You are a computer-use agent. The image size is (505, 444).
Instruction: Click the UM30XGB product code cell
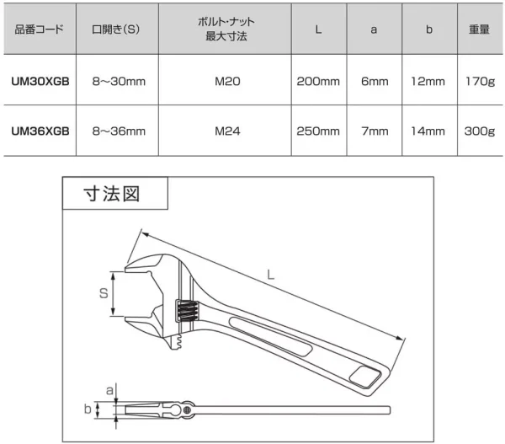(x=40, y=81)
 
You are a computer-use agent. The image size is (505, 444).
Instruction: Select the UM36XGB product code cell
(x=40, y=131)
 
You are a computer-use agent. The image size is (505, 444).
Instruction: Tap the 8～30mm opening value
(x=119, y=81)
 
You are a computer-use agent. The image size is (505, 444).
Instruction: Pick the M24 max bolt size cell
(x=227, y=131)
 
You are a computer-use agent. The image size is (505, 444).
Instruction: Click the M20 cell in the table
(x=227, y=81)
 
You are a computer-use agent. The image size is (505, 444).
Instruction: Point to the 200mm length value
(x=318, y=81)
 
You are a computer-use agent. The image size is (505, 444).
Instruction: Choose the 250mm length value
(x=318, y=131)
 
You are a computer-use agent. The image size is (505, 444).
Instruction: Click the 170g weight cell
(x=480, y=82)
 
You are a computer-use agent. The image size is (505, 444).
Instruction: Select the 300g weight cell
(x=480, y=131)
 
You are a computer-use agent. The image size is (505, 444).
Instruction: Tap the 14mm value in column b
(x=428, y=131)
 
